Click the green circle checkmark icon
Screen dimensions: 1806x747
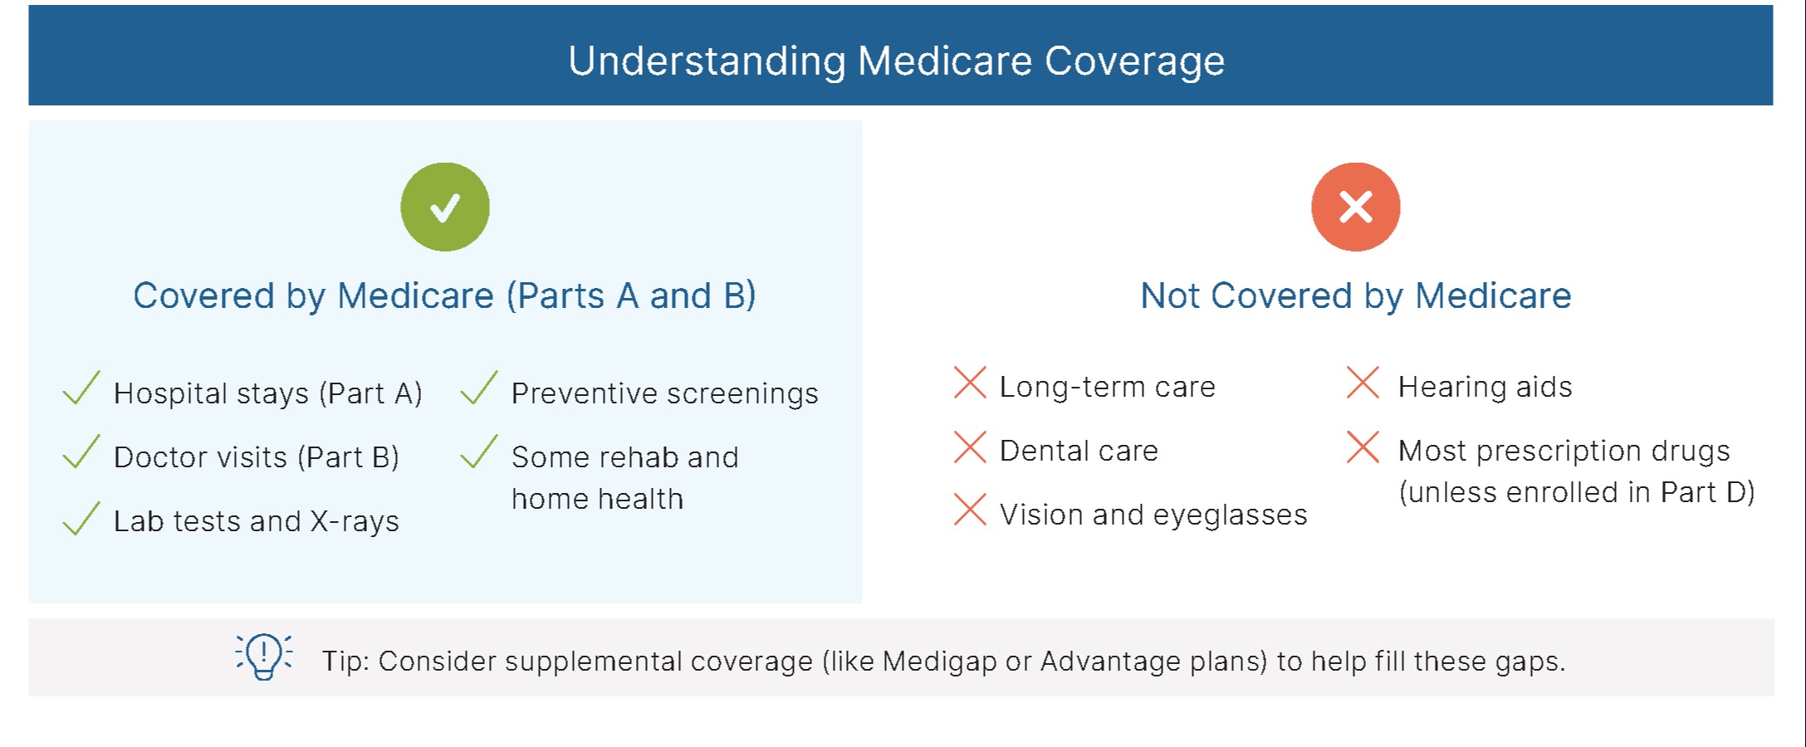pyautogui.click(x=445, y=207)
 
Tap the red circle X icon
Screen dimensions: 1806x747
pyautogui.click(x=1356, y=207)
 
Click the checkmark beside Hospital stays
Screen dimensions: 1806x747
pyautogui.click(x=81, y=388)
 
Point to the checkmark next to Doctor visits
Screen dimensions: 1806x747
pyautogui.click(x=81, y=452)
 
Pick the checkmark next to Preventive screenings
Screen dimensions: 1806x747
pyautogui.click(x=479, y=388)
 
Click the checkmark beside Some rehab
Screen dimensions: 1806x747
pyautogui.click(x=479, y=452)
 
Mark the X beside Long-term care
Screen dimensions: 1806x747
pyautogui.click(x=970, y=383)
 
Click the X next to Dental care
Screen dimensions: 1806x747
pyautogui.click(x=970, y=447)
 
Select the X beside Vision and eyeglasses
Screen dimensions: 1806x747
pyautogui.click(x=970, y=510)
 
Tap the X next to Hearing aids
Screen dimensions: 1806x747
pyautogui.click(x=1363, y=383)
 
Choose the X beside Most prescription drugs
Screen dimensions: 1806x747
pyautogui.click(x=1363, y=447)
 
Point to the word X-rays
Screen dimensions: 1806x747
pyautogui.click(x=355, y=521)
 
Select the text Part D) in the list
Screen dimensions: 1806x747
pyautogui.click(x=1708, y=492)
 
